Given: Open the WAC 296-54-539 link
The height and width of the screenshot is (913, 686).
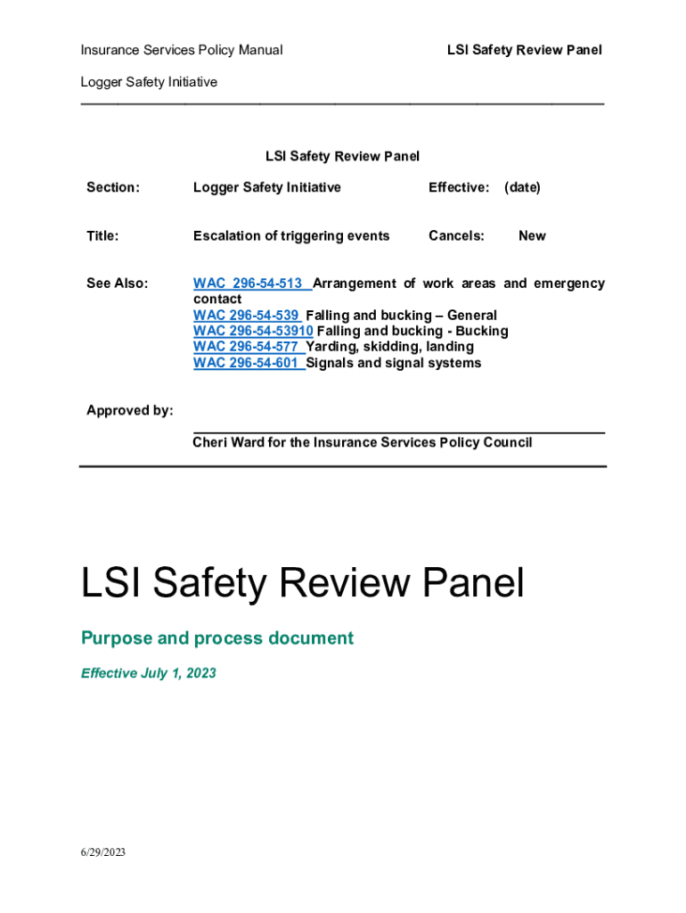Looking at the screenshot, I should (x=247, y=316).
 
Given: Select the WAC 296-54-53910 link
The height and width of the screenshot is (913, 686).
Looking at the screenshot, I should (x=252, y=332).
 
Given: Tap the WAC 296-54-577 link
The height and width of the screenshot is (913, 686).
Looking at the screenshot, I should (x=247, y=347).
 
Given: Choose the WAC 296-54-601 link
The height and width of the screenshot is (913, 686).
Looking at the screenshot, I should (x=247, y=363).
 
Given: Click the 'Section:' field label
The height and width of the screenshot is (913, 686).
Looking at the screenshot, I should (x=113, y=187).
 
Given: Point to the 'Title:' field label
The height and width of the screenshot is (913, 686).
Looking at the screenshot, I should (x=102, y=236).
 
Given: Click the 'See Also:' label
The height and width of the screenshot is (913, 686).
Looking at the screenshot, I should (x=117, y=284).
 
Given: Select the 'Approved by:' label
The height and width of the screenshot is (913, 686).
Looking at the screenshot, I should (x=130, y=410).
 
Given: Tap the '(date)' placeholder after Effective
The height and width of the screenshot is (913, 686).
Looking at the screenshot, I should (x=522, y=187).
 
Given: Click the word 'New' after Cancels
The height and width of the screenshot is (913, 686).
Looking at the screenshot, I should (x=532, y=236).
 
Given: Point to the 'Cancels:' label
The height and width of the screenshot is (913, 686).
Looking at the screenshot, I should (x=456, y=236).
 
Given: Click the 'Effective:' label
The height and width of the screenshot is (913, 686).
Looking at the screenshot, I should (x=459, y=187).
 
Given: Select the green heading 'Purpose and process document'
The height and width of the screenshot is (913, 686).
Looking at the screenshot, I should (x=217, y=638).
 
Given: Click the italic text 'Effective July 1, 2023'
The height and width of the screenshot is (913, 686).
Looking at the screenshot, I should (x=149, y=673).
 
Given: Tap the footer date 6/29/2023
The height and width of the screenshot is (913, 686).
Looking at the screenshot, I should (x=103, y=852).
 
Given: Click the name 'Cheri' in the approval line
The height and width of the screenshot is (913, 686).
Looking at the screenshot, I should (x=210, y=442).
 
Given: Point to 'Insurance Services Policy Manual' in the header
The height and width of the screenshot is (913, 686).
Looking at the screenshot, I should (x=182, y=50).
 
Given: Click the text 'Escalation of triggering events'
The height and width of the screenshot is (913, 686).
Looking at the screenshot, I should (x=291, y=236).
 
